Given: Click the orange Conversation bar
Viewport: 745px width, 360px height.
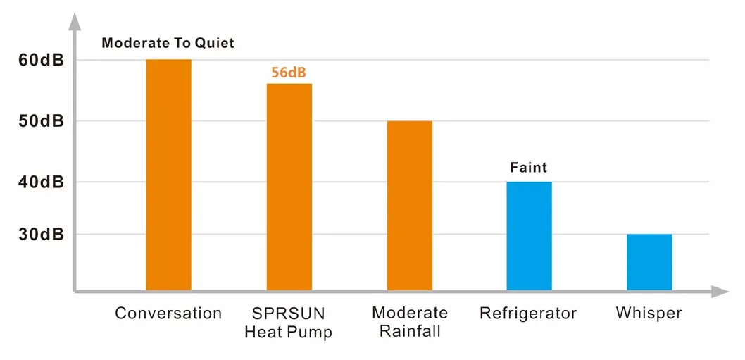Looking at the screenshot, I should [168, 175].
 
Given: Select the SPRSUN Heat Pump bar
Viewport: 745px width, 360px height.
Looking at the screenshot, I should [289, 187].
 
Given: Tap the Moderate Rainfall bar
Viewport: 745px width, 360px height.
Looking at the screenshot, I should [409, 205].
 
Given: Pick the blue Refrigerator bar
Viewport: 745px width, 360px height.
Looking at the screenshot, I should [529, 236].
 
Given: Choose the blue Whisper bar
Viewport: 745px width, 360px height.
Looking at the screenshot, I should [649, 262].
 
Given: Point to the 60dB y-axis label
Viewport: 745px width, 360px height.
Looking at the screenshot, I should [41, 61].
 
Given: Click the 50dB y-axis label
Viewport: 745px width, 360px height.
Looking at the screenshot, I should [41, 121].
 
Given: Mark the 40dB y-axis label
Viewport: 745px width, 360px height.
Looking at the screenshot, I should [41, 182].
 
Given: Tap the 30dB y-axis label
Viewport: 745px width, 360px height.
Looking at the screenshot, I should [41, 235].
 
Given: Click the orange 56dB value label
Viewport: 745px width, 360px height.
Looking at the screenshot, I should [289, 72].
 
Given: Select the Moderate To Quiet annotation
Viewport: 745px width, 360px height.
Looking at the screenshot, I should [168, 43].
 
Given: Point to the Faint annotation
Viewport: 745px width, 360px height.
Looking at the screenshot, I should [528, 168].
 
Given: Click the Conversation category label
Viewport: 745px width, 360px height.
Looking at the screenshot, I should [168, 314].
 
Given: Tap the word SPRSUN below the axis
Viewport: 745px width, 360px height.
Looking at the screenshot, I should [288, 313].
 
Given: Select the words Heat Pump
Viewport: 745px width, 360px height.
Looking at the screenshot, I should [288, 331].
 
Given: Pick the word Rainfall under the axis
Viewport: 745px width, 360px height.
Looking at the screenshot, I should [409, 331].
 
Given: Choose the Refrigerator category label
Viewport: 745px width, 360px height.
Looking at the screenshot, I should [528, 314].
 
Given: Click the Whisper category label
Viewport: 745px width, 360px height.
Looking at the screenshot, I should [649, 314].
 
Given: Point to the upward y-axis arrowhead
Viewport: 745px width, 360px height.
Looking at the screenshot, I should [74, 21].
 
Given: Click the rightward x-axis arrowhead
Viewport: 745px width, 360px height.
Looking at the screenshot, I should [720, 291].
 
